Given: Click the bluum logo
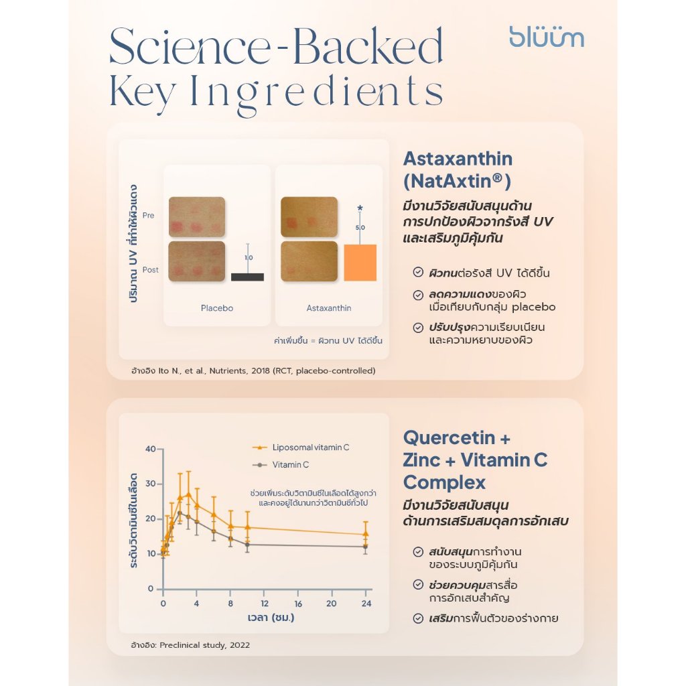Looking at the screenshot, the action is (547, 37).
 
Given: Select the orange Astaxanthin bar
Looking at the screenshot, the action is (360, 263).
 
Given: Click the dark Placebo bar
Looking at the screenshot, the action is (248, 277).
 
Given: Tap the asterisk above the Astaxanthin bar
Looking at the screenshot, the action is (360, 208).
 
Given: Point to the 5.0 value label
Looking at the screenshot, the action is (360, 228).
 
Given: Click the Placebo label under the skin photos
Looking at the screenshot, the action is (217, 308).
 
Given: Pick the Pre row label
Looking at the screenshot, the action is (148, 215).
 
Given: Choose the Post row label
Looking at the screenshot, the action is (151, 270).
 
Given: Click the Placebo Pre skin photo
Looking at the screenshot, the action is (197, 217).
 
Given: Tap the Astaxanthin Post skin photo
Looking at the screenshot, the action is (310, 261).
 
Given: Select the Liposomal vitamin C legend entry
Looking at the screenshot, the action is (301, 448).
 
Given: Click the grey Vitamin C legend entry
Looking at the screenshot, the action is (281, 465).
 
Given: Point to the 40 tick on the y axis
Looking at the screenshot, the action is (151, 449).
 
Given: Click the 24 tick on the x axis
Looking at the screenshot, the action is (366, 604).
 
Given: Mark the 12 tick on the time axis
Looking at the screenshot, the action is (265, 604).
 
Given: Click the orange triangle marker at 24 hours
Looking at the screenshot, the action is (366, 534).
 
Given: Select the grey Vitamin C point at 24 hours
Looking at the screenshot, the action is (366, 547).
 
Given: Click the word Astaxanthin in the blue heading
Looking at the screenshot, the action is (458, 159).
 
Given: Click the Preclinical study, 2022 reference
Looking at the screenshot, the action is (205, 645).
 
